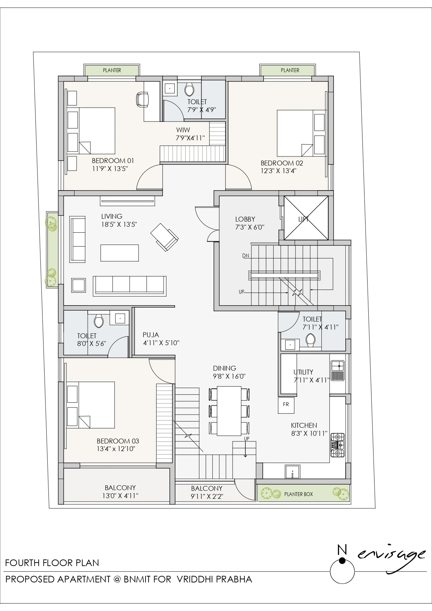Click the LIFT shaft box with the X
[306, 218]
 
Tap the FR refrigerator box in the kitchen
[286, 405]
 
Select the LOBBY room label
[245, 219]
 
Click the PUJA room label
[151, 335]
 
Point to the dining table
[229, 411]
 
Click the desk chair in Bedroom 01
[142, 99]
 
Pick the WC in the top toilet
[189, 89]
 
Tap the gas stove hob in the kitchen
[337, 445]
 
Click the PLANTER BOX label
[298, 494]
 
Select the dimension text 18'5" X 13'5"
[119, 224]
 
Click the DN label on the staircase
[246, 256]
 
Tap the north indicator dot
[342, 560]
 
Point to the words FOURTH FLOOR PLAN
[52, 563]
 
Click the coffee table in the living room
[119, 253]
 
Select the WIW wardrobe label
[183, 130]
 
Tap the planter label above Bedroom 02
[290, 70]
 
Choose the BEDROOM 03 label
[118, 441]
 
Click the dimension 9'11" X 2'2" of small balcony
[207, 496]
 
